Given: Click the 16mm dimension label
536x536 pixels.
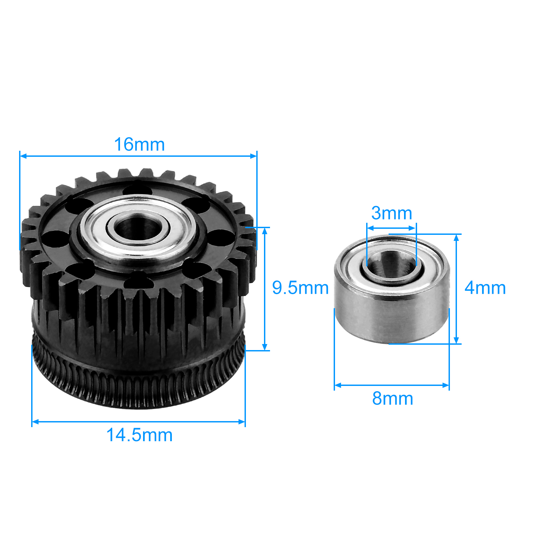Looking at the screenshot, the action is [139, 145].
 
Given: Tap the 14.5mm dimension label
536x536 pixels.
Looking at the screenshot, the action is [139, 435].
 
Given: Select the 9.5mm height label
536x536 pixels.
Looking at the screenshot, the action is [300, 288].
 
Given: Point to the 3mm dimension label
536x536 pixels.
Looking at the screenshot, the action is [392, 213].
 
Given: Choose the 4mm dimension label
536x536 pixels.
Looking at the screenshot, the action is [485, 288].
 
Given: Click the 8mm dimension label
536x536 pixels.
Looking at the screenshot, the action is [393, 399].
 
